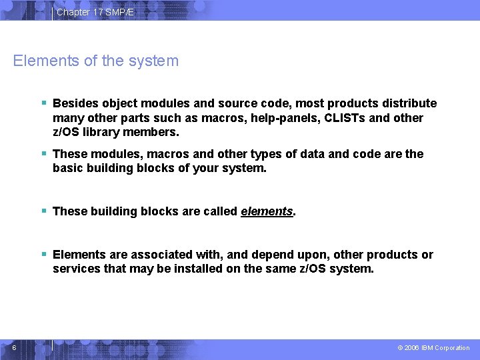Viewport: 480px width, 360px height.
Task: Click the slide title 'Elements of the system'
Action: (x=96, y=61)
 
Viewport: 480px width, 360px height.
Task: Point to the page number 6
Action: (x=14, y=347)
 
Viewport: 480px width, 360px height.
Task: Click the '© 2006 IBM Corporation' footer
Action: (x=433, y=348)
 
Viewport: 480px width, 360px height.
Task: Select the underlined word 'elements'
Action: (x=267, y=211)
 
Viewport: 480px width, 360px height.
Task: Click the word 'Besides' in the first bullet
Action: (x=73, y=103)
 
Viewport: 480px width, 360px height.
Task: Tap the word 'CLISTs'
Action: (x=325, y=118)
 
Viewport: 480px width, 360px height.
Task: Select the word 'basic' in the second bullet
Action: (x=68, y=169)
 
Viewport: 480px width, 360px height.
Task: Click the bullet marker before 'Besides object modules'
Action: (x=43, y=103)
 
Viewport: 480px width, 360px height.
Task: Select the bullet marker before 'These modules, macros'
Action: (x=43, y=153)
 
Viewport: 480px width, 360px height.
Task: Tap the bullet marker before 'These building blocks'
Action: (x=43, y=211)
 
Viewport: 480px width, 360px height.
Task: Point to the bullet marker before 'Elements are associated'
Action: (x=43, y=254)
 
